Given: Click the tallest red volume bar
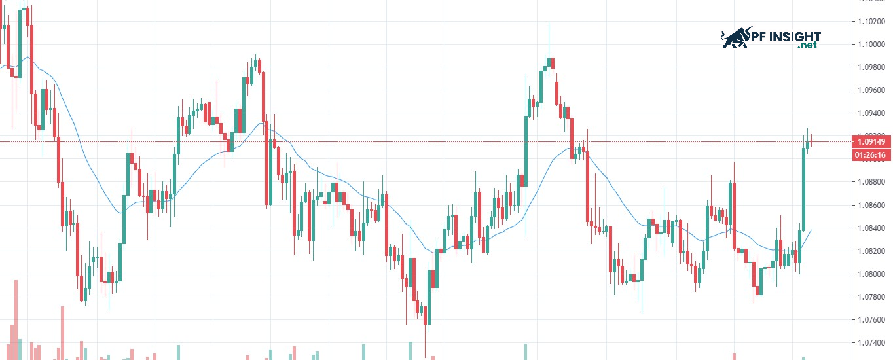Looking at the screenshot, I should tap(16, 319).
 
